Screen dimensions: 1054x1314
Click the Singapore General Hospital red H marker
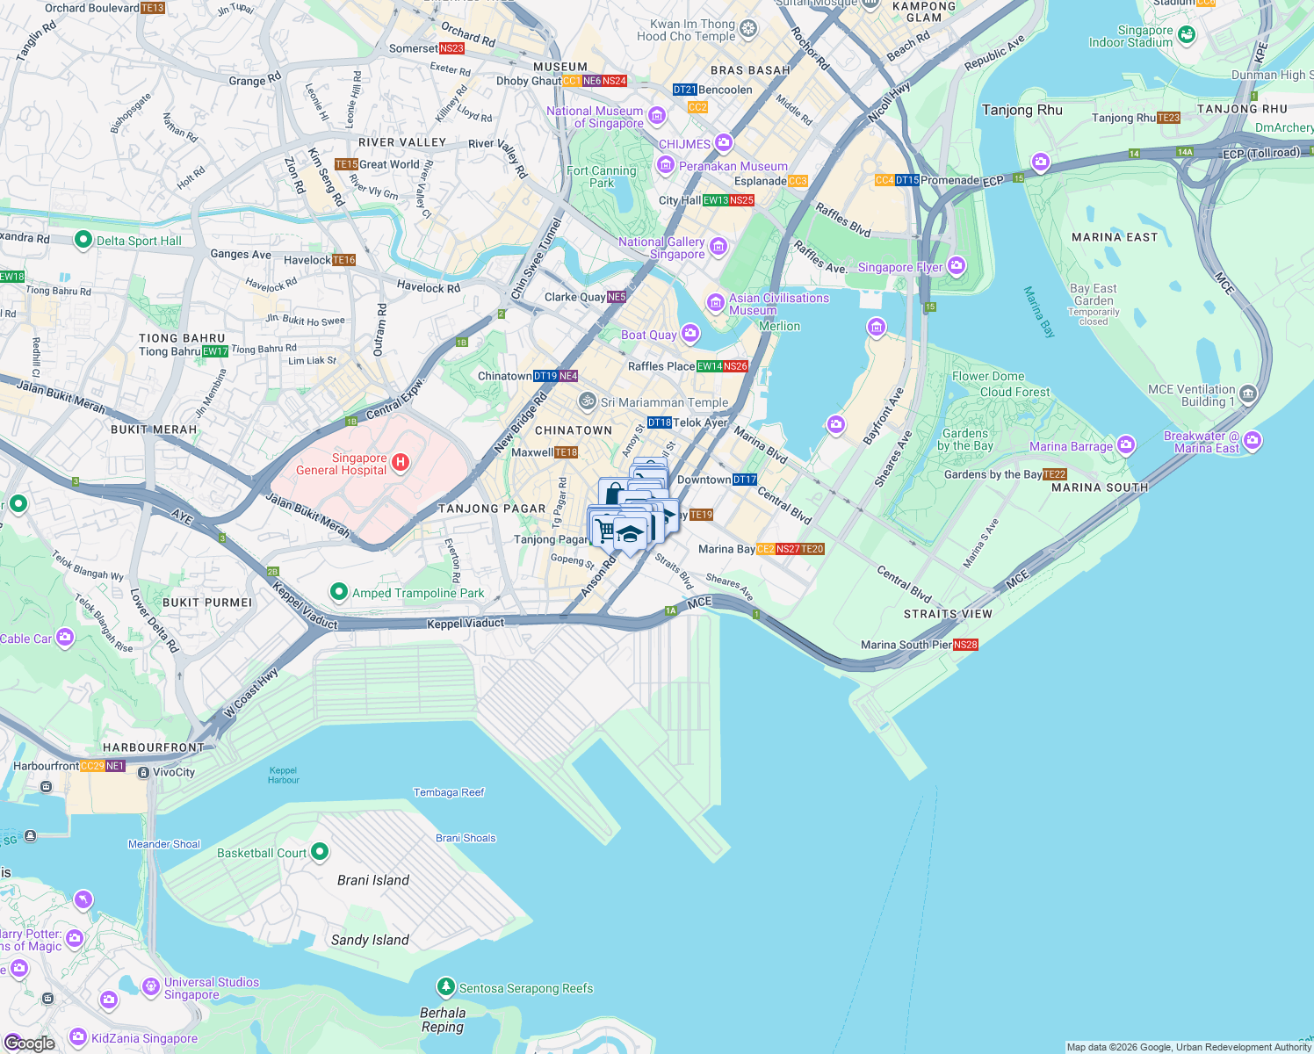click(401, 462)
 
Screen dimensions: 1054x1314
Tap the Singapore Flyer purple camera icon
click(957, 265)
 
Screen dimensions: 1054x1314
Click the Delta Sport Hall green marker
click(83, 240)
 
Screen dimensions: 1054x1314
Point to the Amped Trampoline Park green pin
click(339, 592)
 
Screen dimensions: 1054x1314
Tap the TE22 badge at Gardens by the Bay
click(1055, 474)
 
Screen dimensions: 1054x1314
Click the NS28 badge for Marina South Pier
click(965, 645)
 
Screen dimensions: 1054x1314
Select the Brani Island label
click(373, 880)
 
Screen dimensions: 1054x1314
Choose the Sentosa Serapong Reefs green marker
click(446, 987)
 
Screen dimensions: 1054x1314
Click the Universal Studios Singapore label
click(212, 988)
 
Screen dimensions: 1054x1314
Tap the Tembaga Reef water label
click(449, 792)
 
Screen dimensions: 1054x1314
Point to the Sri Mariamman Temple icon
click(588, 401)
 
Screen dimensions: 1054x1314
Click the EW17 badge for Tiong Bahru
click(215, 351)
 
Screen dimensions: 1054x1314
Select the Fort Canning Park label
click(602, 177)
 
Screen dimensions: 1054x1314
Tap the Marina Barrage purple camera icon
click(1126, 445)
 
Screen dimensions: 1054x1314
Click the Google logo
click(30, 1043)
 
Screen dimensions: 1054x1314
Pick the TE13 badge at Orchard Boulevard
click(153, 8)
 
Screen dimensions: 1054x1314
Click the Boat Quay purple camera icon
click(690, 333)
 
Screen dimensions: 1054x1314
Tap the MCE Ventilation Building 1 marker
click(1248, 393)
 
